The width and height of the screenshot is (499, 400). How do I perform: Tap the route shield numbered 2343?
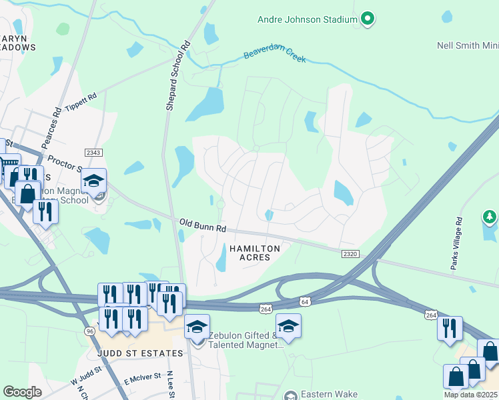(93, 153)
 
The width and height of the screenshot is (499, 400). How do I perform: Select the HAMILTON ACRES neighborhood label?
(250, 252)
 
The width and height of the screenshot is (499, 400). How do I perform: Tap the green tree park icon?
(490, 217)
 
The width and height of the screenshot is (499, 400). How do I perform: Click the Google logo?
(22, 392)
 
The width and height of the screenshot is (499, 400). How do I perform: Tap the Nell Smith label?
(467, 45)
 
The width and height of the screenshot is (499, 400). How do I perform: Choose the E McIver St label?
(142, 379)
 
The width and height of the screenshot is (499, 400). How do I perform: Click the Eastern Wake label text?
(331, 395)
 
